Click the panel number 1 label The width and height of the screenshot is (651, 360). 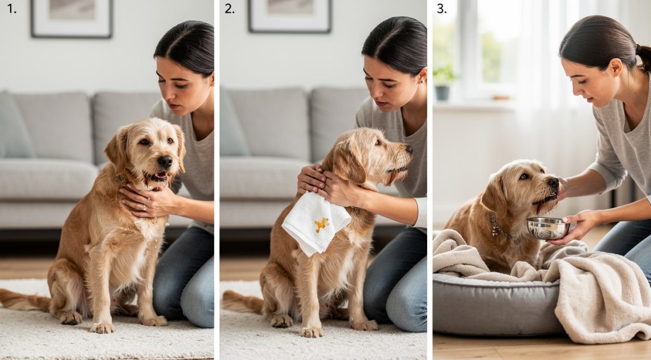tap(11, 9)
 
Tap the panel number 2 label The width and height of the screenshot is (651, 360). tap(230, 9)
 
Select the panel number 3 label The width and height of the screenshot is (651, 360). tap(442, 9)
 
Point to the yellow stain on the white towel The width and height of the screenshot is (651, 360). tap(322, 224)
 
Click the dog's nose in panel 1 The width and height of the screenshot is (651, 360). tap(165, 162)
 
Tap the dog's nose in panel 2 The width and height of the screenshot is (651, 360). tap(408, 150)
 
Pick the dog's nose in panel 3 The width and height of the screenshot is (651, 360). tap(553, 183)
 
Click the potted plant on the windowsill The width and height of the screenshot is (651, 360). tap(443, 82)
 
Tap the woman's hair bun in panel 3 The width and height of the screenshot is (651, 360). tap(643, 57)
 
